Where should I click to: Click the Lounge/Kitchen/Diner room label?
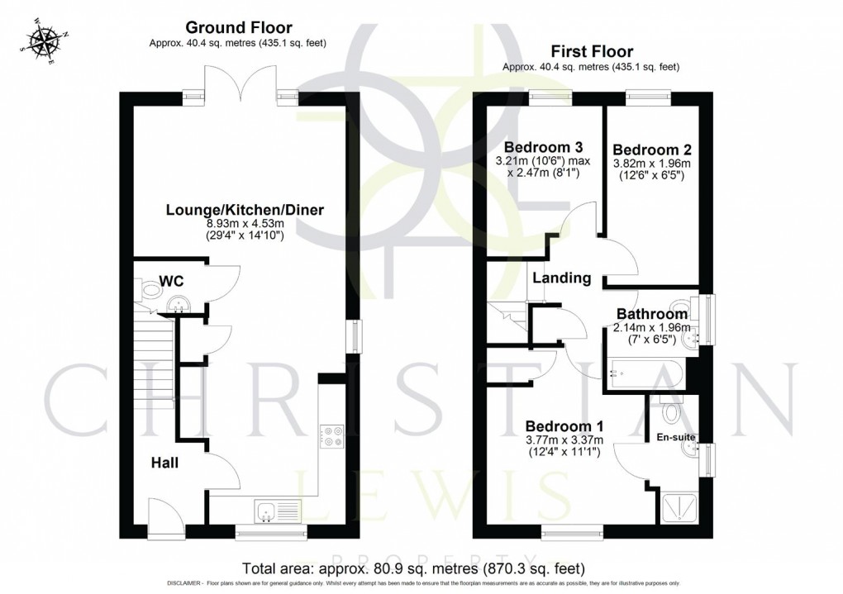(x=245, y=210)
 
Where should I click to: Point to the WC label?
(x=172, y=282)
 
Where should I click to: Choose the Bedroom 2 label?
(x=652, y=150)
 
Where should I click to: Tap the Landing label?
(x=561, y=278)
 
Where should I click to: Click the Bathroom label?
(x=652, y=314)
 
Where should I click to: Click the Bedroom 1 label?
(x=564, y=426)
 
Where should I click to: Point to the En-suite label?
(x=674, y=436)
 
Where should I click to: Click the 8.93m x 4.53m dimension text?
(x=245, y=223)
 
